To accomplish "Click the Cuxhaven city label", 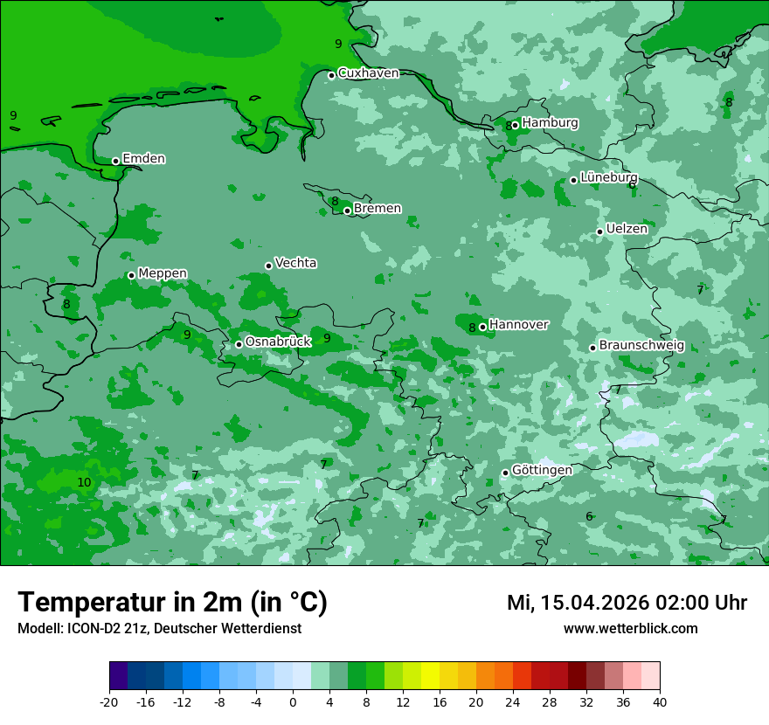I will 368,73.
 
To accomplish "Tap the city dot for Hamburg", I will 516,125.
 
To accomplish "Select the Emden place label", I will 143,159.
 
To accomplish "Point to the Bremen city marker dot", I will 347,211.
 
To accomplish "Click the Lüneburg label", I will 608,177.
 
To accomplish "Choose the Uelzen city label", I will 627,229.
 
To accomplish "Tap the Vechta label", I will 295,263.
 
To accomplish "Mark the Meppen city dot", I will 131,275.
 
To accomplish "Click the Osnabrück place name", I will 278,342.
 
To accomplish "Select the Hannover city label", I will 518,325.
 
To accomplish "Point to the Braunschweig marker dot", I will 592,348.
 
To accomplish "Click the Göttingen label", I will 542,470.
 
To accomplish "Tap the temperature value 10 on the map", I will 84,482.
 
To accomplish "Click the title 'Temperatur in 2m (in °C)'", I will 172,603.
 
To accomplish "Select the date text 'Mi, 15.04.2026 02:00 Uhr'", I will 627,603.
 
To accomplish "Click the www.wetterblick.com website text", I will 630,629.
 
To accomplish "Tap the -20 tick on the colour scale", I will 109,702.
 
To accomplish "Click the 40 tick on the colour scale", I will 660,702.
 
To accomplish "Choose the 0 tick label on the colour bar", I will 293,702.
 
